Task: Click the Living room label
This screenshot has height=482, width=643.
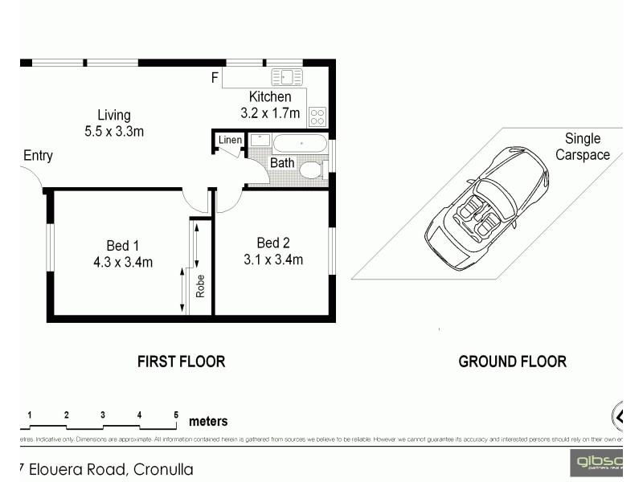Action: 113,115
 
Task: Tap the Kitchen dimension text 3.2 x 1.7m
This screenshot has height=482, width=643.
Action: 269,113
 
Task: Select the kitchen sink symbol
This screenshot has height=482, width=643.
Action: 287,77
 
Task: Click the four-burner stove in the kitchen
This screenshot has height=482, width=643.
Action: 317,117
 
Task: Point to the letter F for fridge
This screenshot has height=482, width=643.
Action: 215,78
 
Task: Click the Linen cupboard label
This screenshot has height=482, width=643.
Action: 230,141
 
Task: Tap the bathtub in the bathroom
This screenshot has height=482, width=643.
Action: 300,144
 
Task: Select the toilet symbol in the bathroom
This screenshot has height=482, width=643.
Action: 310,170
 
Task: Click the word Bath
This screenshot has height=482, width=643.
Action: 281,163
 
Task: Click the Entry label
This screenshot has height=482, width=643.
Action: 38,156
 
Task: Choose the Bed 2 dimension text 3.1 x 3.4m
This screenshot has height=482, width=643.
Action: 273,259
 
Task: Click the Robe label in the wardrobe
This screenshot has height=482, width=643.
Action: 201,286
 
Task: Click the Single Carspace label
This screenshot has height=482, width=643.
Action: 582,147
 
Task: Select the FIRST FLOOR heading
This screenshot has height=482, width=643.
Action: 181,361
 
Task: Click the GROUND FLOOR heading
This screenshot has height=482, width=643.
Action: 512,361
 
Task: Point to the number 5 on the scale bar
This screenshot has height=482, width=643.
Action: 176,415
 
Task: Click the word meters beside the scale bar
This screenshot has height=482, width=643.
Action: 208,421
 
